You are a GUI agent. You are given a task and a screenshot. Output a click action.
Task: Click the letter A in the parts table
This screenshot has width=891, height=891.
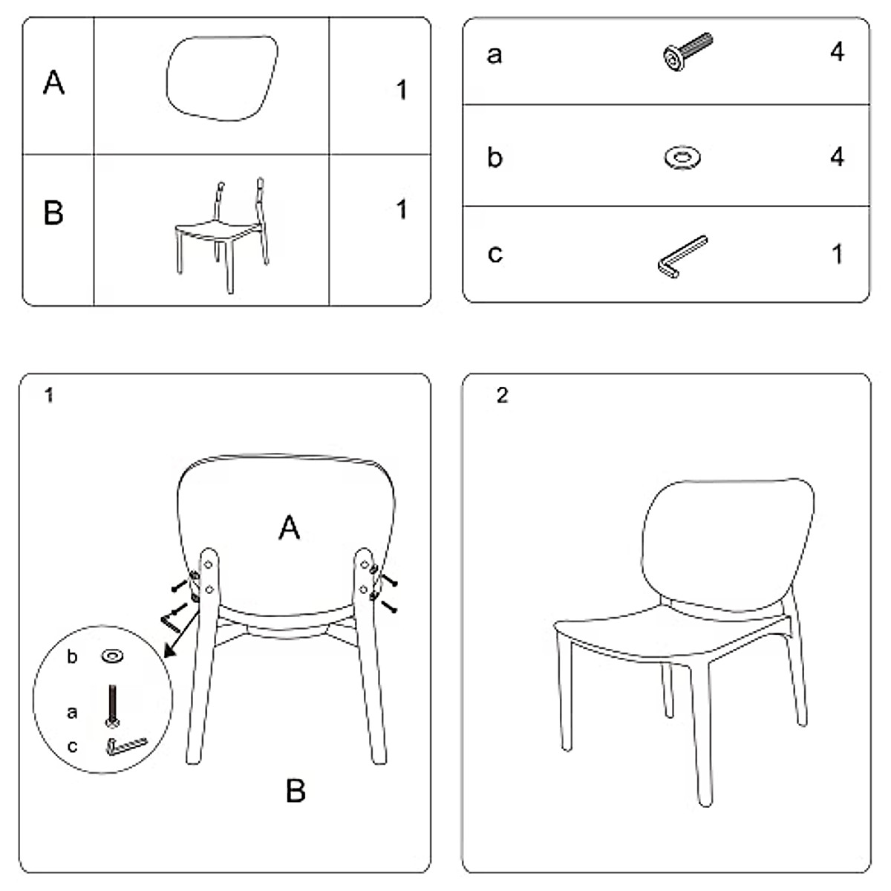[53, 82]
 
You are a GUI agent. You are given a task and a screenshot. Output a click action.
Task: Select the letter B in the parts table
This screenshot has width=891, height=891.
[53, 212]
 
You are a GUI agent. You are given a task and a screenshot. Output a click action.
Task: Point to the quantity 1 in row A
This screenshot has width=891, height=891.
[401, 91]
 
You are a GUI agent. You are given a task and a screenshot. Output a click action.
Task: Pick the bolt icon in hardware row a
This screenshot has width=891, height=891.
[687, 52]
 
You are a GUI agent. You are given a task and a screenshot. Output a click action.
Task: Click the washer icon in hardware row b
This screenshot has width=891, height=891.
[682, 157]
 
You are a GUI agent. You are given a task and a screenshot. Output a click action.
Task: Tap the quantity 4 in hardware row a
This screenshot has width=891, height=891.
[837, 52]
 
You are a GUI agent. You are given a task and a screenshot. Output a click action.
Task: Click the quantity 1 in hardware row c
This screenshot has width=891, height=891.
[837, 254]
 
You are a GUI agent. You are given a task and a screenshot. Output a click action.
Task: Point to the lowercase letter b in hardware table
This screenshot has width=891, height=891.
[495, 157]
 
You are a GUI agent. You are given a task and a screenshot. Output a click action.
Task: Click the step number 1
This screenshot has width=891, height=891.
[49, 396]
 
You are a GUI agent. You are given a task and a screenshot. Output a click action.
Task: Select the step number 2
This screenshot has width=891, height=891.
[503, 396]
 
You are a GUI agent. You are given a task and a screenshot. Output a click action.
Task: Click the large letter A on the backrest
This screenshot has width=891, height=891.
[290, 529]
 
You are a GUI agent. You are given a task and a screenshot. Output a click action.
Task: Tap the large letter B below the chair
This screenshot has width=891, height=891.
[295, 792]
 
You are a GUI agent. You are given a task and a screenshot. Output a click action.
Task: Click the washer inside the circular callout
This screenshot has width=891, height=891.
[113, 656]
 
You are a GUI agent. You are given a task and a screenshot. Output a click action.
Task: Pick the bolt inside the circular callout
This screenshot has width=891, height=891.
[113, 705]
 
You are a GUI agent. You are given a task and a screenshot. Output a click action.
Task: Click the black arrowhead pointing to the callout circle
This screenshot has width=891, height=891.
[169, 651]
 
